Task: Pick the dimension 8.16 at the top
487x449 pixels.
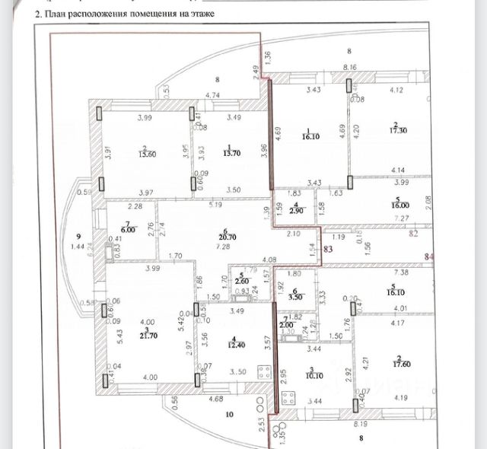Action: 351,68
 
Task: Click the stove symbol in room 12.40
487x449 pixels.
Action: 264,374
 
